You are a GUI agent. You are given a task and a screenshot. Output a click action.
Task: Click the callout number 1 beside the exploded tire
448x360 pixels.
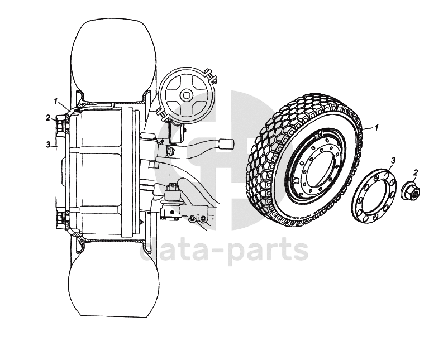(x=376, y=128)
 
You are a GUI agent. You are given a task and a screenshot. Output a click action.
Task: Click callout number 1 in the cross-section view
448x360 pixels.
(x=56, y=100)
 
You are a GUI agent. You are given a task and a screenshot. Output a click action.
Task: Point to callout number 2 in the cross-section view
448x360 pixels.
(x=49, y=118)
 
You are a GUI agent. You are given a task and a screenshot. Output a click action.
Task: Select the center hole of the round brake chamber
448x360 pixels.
(x=185, y=95)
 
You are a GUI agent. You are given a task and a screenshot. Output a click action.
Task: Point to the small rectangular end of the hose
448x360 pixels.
(x=226, y=143)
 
